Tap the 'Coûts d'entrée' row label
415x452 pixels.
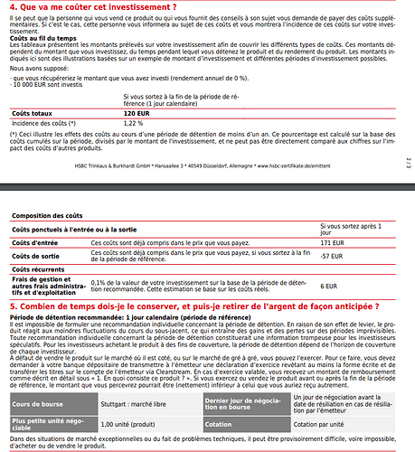31,243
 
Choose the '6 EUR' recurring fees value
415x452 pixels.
330,286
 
